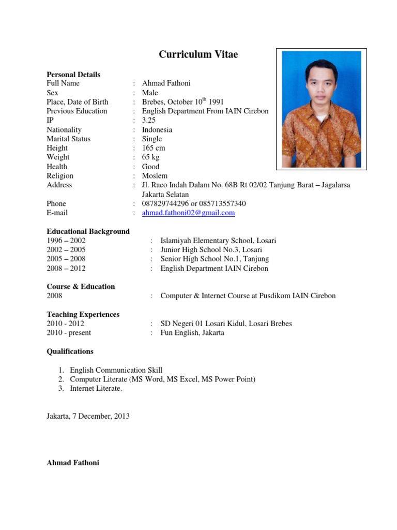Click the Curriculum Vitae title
point(198,54)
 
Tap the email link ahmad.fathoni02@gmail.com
point(188,213)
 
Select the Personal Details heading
point(73,75)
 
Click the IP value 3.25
point(149,120)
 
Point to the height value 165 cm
point(154,148)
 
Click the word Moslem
point(155,176)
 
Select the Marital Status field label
point(68,139)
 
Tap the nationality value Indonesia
point(157,129)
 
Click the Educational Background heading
point(88,231)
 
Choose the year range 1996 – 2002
point(66,241)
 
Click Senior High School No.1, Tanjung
point(215,259)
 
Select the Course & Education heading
point(81,287)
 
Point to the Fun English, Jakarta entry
point(192,333)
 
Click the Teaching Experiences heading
point(83,315)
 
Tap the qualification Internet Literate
point(96,389)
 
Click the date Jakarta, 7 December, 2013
point(88,416)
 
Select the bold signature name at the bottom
point(73,463)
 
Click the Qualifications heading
point(70,351)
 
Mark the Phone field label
point(56,203)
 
